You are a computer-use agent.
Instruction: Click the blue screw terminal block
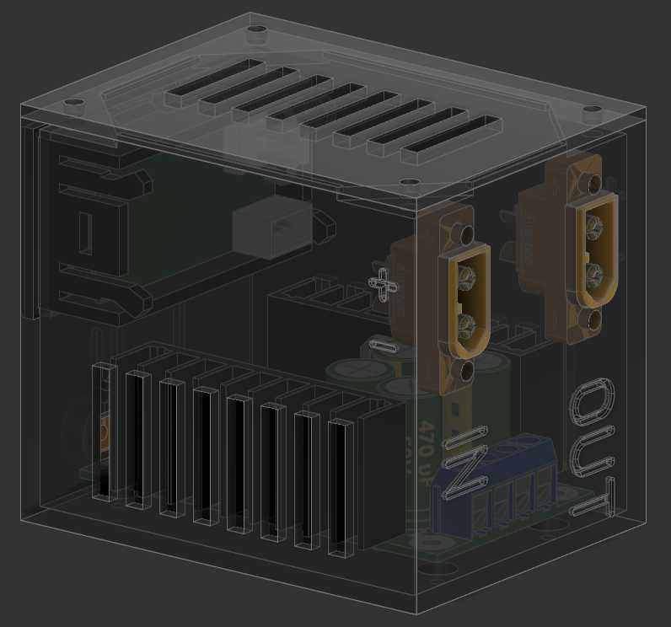pyautogui.click(x=492, y=485)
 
